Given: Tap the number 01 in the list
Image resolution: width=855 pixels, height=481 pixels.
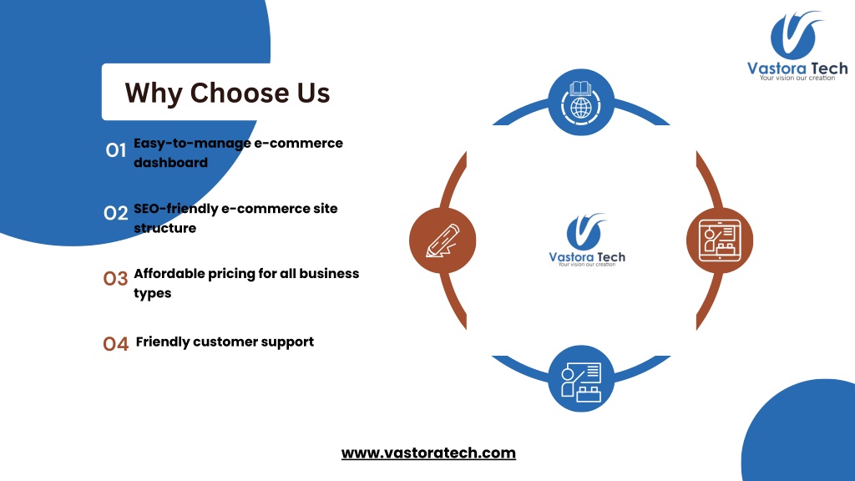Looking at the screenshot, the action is tap(115, 150).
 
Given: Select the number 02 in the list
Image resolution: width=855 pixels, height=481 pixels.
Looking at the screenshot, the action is tap(115, 213).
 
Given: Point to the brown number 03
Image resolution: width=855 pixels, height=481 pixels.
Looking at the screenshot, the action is tap(115, 279).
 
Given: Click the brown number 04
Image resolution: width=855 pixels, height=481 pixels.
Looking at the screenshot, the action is tap(115, 343).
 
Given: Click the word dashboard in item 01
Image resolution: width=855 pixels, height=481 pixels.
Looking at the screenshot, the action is tap(170, 163).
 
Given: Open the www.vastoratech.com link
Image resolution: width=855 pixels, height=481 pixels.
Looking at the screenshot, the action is tap(428, 453).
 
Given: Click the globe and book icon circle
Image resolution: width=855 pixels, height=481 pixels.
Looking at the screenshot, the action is tap(581, 102).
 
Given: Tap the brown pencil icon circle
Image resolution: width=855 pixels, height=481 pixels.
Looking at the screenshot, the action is tap(443, 240).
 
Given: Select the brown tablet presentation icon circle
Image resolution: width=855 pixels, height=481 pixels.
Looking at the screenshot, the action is tap(720, 240).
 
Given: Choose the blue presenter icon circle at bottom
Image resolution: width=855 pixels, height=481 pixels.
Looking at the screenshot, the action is tap(581, 378).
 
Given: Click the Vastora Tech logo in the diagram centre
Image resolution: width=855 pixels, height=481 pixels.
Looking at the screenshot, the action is tap(587, 240).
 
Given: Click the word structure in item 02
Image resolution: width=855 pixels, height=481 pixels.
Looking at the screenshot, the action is tap(164, 228).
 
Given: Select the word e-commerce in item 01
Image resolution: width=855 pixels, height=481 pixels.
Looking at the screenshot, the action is tap(298, 143).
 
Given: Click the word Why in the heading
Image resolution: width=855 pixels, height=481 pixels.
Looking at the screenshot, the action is tap(154, 93).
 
